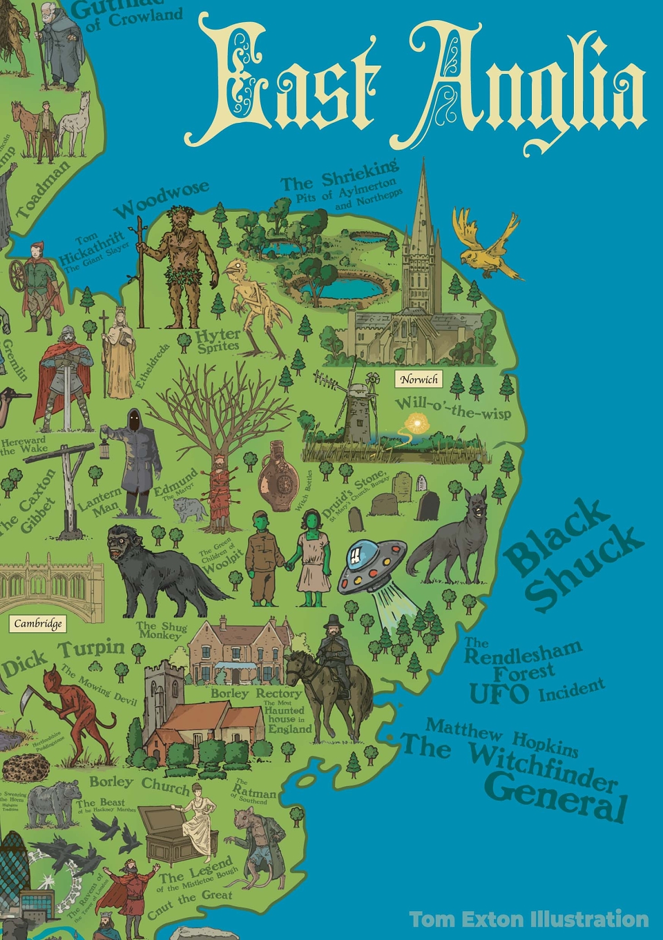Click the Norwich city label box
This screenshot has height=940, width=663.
pos(419,379)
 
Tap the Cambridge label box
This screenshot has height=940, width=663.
pos(38,624)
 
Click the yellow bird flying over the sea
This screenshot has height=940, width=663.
pos(486,245)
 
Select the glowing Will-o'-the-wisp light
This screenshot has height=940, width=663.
pos(416,422)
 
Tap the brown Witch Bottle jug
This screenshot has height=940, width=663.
pos(278,476)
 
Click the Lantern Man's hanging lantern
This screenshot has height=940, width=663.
pos(105,449)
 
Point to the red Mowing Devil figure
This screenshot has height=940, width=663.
pos(73,711)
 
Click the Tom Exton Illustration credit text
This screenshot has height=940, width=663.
pos(528,919)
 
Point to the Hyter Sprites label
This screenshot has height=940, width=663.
pos(218,340)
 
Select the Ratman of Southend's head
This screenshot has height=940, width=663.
pos(247,821)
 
